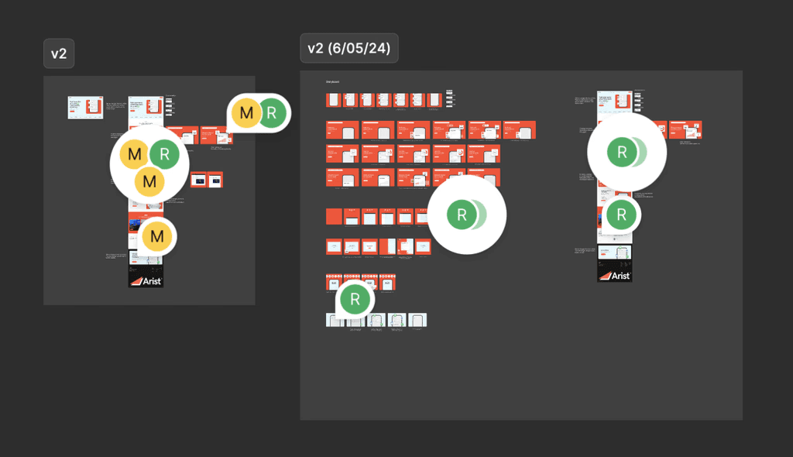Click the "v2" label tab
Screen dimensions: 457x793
tap(59, 53)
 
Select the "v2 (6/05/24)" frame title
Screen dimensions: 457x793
tap(348, 48)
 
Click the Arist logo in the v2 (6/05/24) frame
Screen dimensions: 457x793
tap(615, 274)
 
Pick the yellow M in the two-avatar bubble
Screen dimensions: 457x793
tap(246, 114)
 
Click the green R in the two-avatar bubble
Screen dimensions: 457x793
tap(272, 114)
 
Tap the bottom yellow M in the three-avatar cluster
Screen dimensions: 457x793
tap(149, 181)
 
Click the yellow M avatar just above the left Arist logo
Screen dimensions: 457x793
tap(157, 236)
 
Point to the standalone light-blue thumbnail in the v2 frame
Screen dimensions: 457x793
tap(85, 108)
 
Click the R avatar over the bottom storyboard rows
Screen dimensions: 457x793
tap(355, 300)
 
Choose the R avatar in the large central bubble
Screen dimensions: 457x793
tap(462, 215)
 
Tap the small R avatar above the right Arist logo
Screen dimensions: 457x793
tap(621, 215)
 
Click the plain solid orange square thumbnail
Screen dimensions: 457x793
tap(334, 217)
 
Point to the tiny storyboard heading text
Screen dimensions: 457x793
tap(332, 82)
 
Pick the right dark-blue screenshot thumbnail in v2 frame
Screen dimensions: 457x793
tap(215, 180)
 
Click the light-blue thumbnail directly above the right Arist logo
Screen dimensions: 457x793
tap(615, 253)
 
